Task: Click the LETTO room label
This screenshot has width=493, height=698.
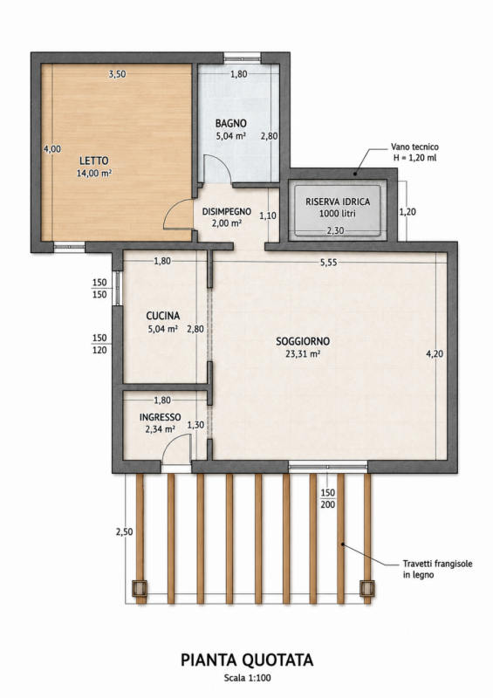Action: click(94, 161)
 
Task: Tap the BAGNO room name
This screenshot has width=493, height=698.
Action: click(230, 123)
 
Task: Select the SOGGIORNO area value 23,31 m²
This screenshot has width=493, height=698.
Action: click(303, 354)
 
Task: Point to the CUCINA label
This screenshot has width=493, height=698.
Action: click(163, 316)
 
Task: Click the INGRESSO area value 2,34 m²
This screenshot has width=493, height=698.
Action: click(160, 429)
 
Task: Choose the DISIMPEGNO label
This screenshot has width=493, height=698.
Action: click(226, 211)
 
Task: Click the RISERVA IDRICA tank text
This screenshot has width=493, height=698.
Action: click(338, 202)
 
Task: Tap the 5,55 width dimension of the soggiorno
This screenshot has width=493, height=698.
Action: click(329, 263)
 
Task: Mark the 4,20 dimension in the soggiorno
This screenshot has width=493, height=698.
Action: click(435, 354)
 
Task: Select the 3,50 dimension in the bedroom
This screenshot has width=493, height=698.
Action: click(117, 74)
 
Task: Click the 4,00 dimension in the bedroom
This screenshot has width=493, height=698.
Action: click(52, 149)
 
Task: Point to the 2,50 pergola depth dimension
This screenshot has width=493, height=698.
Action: click(124, 531)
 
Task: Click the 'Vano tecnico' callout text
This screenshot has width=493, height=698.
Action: click(414, 147)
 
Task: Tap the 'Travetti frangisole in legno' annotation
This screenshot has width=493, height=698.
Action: click(437, 569)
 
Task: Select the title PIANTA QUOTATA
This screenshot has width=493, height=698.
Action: click(247, 660)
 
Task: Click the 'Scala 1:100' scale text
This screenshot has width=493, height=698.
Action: click(247, 679)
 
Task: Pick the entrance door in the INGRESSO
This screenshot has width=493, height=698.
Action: click(176, 449)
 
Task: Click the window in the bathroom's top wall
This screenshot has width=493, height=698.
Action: click(242, 57)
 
